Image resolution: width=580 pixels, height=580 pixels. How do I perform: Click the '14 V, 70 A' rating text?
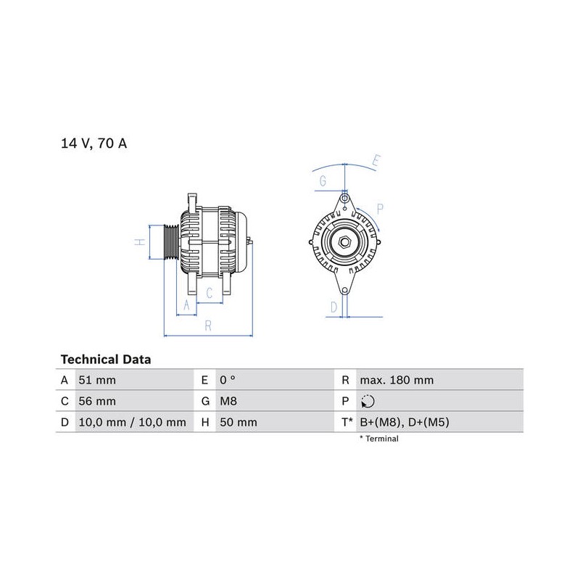pyautogui.click(x=94, y=143)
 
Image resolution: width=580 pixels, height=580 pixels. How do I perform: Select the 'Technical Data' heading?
pyautogui.click(x=106, y=360)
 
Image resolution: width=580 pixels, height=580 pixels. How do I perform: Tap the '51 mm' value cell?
pyautogui.click(x=97, y=380)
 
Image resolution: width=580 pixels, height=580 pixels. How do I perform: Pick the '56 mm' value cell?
pyautogui.click(x=97, y=401)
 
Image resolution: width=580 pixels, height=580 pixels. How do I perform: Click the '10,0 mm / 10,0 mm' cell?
pyautogui.click(x=133, y=422)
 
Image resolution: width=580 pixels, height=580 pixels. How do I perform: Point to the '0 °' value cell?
pyautogui.click(x=228, y=380)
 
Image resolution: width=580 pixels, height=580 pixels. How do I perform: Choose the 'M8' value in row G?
pyautogui.click(x=228, y=401)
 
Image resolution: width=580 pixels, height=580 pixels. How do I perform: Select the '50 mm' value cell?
pyautogui.click(x=239, y=422)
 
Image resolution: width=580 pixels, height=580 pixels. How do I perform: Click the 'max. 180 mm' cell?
pyautogui.click(x=397, y=380)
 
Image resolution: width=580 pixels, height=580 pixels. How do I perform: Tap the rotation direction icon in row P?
pyautogui.click(x=368, y=402)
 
